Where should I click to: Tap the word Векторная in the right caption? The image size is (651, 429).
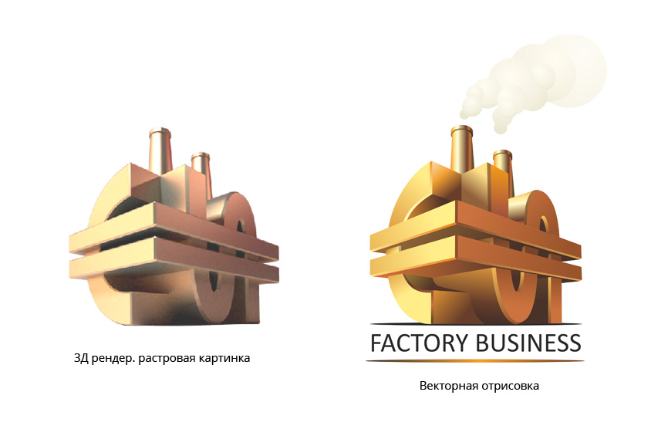(x=445, y=386)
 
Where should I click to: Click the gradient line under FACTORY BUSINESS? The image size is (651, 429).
(x=476, y=360)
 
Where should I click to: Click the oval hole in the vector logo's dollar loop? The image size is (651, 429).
(x=542, y=228)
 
